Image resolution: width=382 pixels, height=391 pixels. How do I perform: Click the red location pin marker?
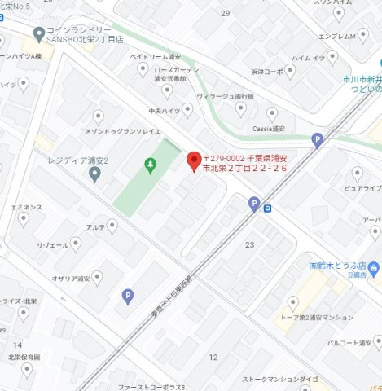click(x=194, y=160)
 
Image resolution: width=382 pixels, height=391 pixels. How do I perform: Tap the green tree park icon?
click(x=150, y=165)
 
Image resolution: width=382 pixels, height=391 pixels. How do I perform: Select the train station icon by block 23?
click(x=267, y=209)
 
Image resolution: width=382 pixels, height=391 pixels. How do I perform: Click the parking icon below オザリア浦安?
click(x=127, y=297)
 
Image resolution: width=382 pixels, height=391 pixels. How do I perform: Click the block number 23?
click(x=249, y=244)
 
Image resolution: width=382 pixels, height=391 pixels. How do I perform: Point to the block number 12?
click(x=213, y=357)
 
